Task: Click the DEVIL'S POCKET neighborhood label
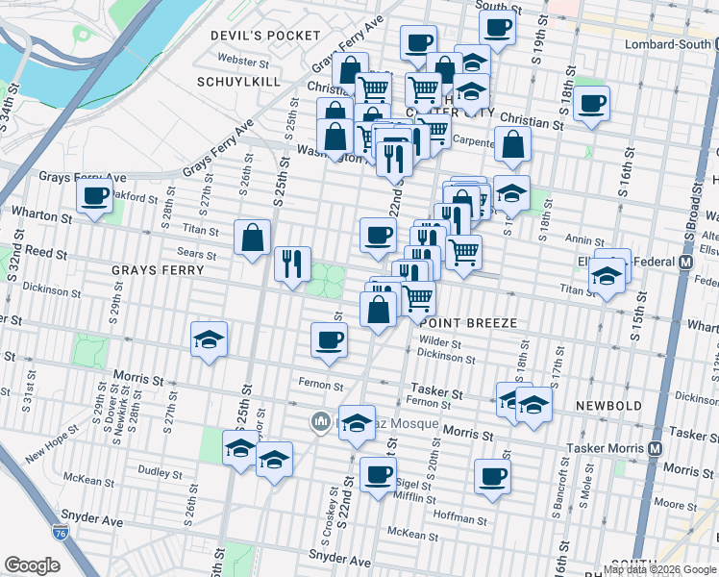(265, 36)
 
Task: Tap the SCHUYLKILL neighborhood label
(237, 82)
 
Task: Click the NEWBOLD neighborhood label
(608, 406)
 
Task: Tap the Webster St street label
(243, 60)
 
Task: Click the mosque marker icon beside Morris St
(320, 421)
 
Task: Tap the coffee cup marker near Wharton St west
(95, 196)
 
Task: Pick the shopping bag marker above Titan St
(252, 237)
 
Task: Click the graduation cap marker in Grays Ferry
(209, 339)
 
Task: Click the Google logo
(33, 564)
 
